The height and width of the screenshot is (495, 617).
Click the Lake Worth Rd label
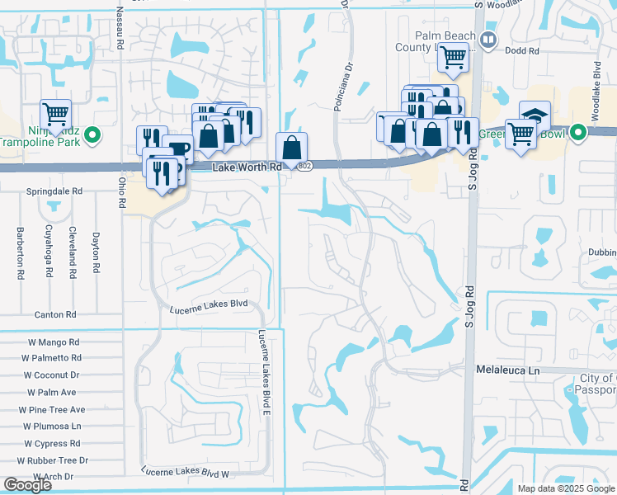(x=247, y=167)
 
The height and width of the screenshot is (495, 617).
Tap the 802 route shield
(x=305, y=167)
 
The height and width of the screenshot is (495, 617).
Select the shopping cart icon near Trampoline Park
(x=55, y=114)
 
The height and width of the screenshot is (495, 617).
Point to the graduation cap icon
(x=535, y=115)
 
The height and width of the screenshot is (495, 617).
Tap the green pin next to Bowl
(x=578, y=132)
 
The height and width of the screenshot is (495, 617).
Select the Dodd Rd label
(x=523, y=50)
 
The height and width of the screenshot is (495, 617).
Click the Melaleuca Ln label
(x=507, y=372)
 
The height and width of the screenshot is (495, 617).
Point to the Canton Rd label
(x=55, y=314)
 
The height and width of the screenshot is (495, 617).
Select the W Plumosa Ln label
(x=52, y=426)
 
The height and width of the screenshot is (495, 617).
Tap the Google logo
(x=27, y=485)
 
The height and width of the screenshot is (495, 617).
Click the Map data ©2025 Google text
(x=565, y=488)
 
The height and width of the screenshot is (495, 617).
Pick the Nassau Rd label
(x=120, y=25)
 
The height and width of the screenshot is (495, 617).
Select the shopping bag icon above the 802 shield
(x=292, y=148)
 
